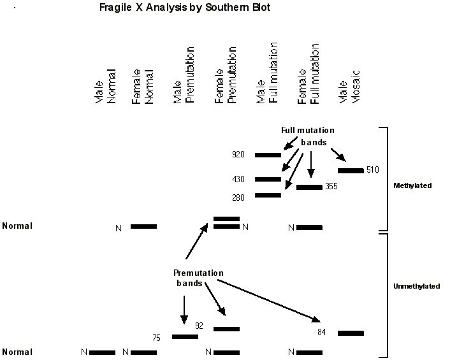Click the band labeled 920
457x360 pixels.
268,155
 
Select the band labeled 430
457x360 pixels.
268,180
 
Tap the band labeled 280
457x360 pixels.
268,195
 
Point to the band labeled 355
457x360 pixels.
309,187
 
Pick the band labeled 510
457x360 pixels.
351,170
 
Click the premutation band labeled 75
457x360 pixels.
185,336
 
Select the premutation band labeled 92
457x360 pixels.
226,329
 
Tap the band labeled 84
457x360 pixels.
351,333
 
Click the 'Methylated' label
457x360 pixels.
413,185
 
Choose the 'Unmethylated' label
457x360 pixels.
417,286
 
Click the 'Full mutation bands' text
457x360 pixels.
308,136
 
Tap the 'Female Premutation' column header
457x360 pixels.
226,75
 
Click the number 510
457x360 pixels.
374,170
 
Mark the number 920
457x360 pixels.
238,155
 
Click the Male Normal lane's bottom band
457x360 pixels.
102,352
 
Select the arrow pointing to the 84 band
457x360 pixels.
268,299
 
